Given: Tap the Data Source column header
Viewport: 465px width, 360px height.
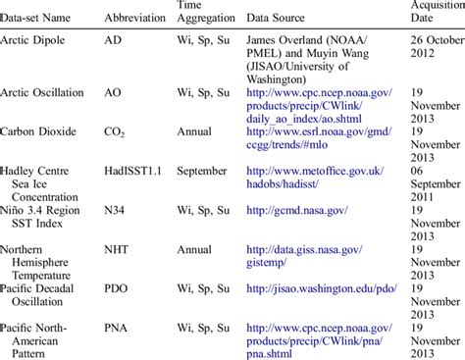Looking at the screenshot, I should coord(276,18).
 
